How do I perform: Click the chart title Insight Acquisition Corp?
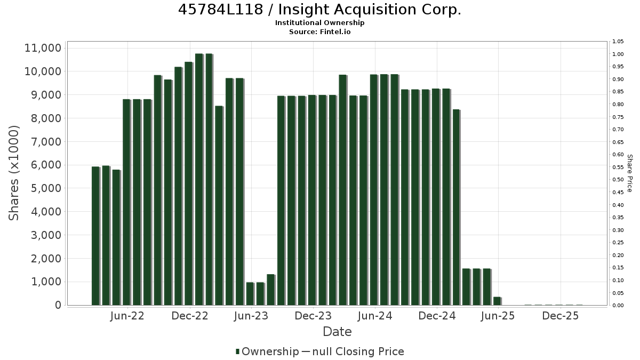[x=319, y=10]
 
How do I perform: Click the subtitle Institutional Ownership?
[x=319, y=23]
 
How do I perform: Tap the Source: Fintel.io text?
[x=319, y=31]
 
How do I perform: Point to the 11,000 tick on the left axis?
[x=43, y=48]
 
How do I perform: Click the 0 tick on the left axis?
[x=58, y=305]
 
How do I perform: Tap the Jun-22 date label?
[x=127, y=316]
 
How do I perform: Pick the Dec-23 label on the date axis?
[x=313, y=316]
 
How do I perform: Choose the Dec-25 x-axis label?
[x=561, y=316]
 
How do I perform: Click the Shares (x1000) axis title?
[x=14, y=173]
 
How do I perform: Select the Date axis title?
[x=337, y=332]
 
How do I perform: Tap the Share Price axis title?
[x=630, y=173]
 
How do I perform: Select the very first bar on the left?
[x=95, y=236]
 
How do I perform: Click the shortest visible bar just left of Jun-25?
[x=498, y=301]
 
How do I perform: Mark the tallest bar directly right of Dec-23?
[x=343, y=190]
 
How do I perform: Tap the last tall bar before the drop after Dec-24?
[x=457, y=207]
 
